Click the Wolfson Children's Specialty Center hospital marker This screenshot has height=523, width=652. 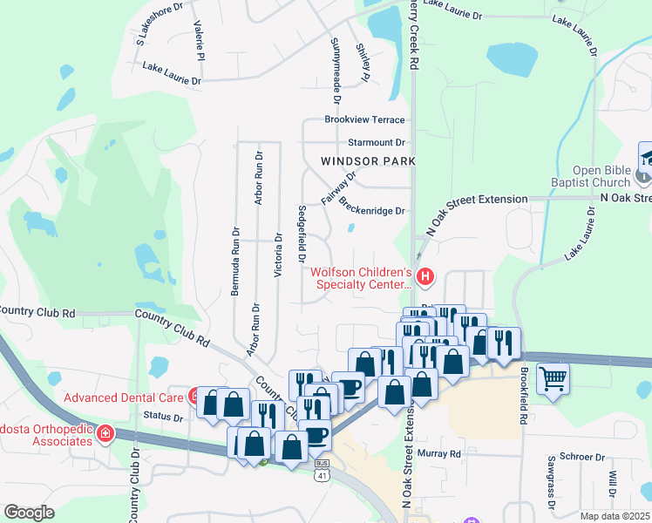point(425,278)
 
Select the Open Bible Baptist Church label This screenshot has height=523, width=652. point(601,176)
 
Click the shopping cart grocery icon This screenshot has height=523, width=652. point(553,379)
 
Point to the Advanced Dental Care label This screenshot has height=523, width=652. point(124,397)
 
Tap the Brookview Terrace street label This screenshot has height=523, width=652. point(364,119)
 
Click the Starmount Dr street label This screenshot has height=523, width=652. point(377,141)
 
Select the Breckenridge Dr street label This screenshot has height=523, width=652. point(373,209)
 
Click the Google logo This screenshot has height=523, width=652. point(29,512)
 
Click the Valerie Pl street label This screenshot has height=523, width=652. point(200,39)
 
